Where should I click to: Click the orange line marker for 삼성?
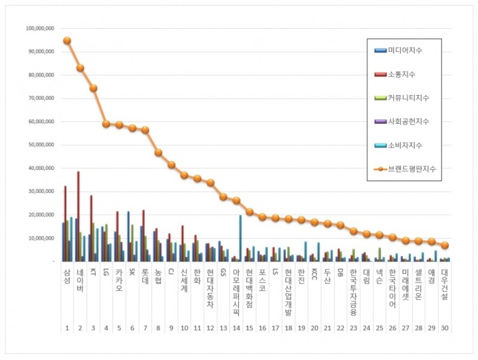coord(67,41)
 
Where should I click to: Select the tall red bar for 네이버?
coord(78,215)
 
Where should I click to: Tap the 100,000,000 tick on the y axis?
coord(40,29)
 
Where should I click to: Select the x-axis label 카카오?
coord(119,279)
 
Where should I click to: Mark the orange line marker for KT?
coord(93,88)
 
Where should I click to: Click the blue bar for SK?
coord(128,236)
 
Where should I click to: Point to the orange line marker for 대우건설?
coord(444,245)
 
